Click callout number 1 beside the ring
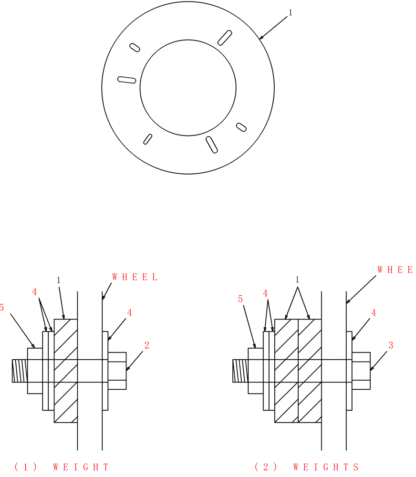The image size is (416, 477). tap(290, 13)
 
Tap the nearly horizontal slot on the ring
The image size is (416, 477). tap(127, 80)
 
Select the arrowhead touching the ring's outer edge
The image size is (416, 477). tap(261, 37)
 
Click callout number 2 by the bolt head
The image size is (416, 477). tap(147, 345)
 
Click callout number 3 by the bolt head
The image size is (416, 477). tap(391, 345)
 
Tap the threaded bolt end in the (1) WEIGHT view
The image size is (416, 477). tap(20, 371)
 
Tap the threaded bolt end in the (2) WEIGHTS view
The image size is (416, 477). tap(240, 371)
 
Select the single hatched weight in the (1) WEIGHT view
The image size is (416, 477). tap(66, 371)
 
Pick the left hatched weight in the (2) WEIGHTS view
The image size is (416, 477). tap(286, 371)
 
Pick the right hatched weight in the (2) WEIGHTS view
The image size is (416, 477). tap(310, 371)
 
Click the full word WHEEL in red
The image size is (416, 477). tap(135, 277)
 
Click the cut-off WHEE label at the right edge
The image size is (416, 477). tap(395, 270)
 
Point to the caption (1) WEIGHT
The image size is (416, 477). tap(62, 467)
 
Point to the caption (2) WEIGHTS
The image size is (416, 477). tap(306, 467)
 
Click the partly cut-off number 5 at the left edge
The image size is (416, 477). tap(2, 308)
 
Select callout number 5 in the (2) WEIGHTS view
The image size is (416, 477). tap(240, 299)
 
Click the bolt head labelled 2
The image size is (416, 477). tap(117, 371)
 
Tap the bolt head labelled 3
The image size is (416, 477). tap(361, 371)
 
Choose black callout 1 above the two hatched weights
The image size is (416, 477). tap(298, 280)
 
